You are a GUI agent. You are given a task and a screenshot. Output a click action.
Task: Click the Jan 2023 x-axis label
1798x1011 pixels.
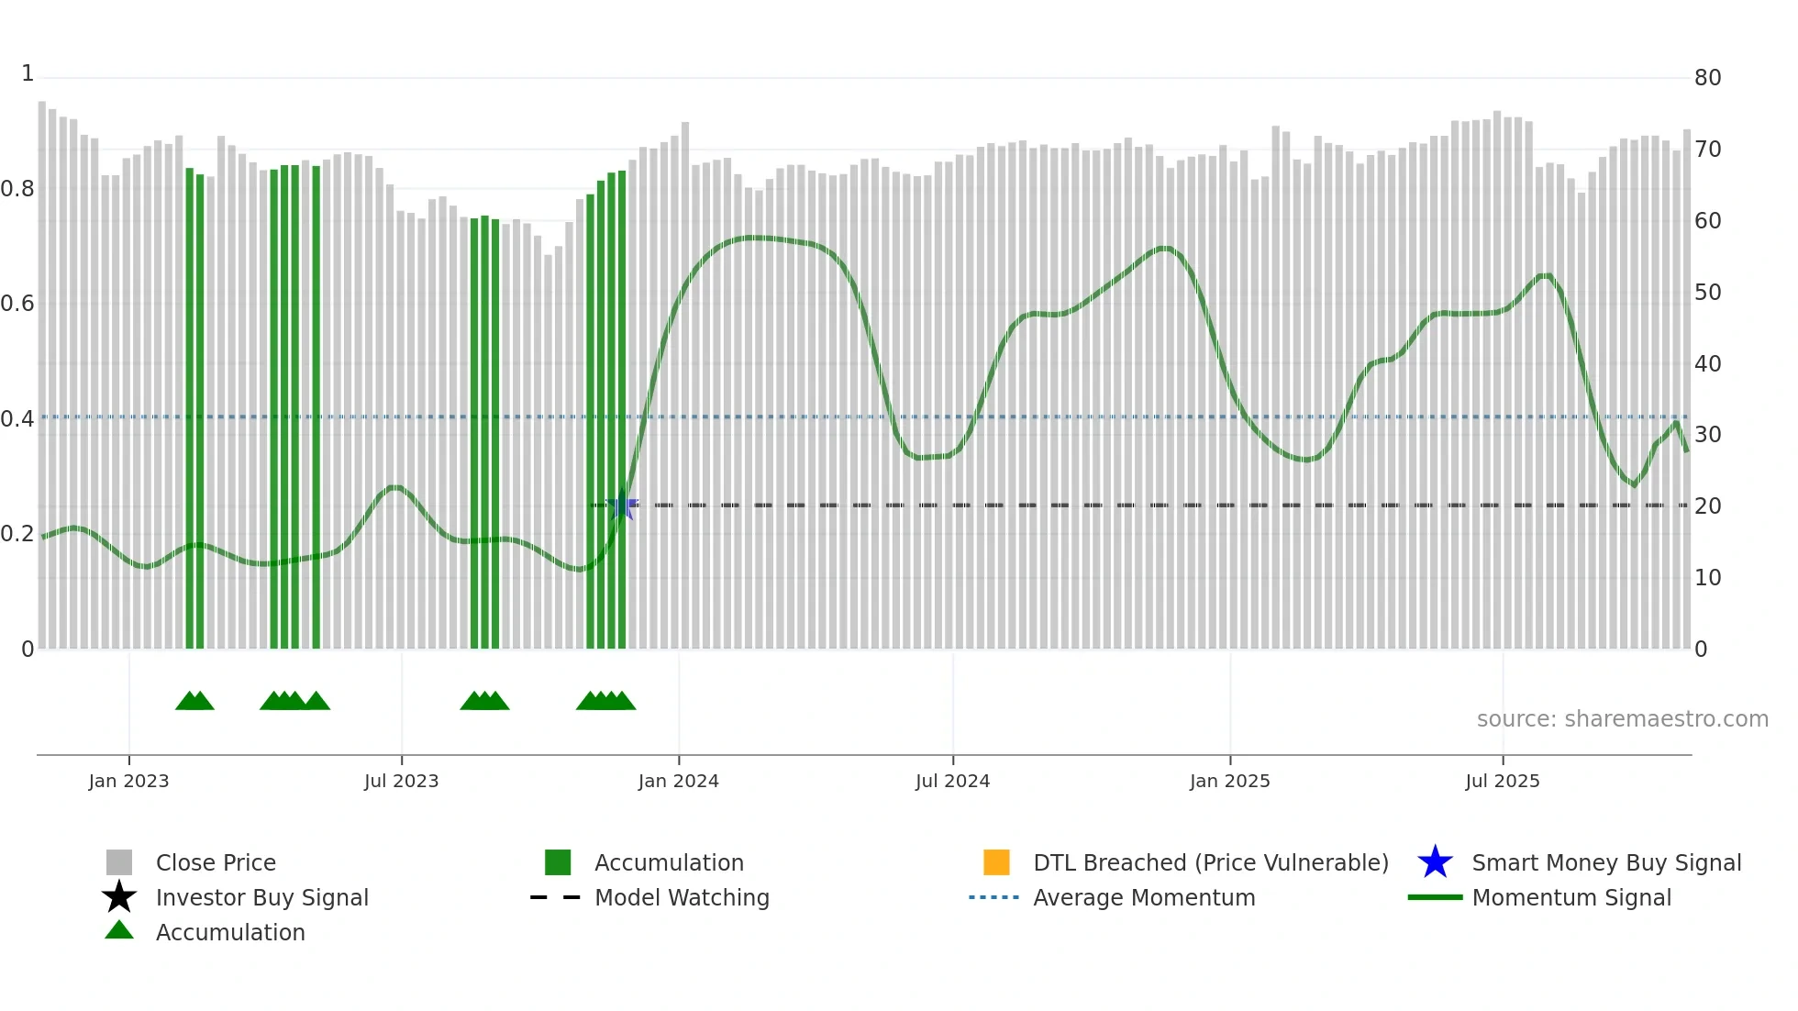coord(128,781)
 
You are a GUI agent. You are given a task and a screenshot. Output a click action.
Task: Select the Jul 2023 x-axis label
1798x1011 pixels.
coord(401,781)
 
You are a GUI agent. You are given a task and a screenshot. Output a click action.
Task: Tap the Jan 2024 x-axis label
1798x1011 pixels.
coord(678,781)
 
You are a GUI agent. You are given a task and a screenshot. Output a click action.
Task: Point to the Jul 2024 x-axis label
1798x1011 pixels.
coord(952,781)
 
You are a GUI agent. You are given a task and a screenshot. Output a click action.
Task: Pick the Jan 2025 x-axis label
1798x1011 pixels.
coord(1229,781)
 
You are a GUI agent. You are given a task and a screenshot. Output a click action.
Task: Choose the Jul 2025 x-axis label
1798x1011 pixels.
coord(1502,781)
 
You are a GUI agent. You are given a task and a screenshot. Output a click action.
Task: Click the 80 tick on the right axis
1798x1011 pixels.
coord(1707,78)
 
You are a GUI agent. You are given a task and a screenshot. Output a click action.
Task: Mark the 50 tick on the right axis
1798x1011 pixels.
coord(1707,293)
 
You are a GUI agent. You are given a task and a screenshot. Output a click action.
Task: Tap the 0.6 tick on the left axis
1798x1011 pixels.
coord(17,304)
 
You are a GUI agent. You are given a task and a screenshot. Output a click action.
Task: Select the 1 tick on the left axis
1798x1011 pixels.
coord(28,73)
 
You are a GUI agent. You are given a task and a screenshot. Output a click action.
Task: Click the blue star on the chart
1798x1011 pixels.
coord(622,505)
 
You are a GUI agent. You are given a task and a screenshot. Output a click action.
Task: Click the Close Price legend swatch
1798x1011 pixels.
coord(119,862)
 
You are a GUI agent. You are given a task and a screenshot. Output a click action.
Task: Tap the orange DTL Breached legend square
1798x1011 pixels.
coord(996,862)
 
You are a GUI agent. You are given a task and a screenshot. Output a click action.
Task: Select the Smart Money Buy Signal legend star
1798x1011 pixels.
coord(1435,862)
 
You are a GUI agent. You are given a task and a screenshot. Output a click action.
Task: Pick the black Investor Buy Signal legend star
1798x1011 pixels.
coord(119,897)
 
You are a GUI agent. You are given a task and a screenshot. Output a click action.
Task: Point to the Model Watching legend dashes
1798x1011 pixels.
coord(556,897)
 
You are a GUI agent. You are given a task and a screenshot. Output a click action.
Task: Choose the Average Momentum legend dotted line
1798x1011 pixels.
coord(993,897)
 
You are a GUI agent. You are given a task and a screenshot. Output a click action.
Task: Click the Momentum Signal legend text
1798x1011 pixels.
coord(1571,897)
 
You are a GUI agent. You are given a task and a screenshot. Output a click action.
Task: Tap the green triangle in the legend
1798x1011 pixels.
coord(119,930)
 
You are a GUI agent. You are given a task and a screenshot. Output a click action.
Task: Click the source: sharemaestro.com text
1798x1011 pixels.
coord(1622,718)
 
